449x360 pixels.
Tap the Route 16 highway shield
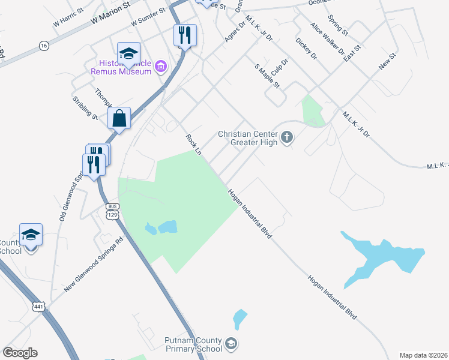coord(43,45)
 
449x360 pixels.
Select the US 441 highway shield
coord(38,306)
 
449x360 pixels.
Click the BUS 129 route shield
coord(112,211)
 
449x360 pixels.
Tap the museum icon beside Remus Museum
coord(160,66)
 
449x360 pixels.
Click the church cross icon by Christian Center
coord(287,138)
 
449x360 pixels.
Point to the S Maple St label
coord(268,77)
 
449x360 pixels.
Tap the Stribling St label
coord(85,108)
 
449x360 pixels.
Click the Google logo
coord(20,353)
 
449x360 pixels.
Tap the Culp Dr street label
coord(280,66)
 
